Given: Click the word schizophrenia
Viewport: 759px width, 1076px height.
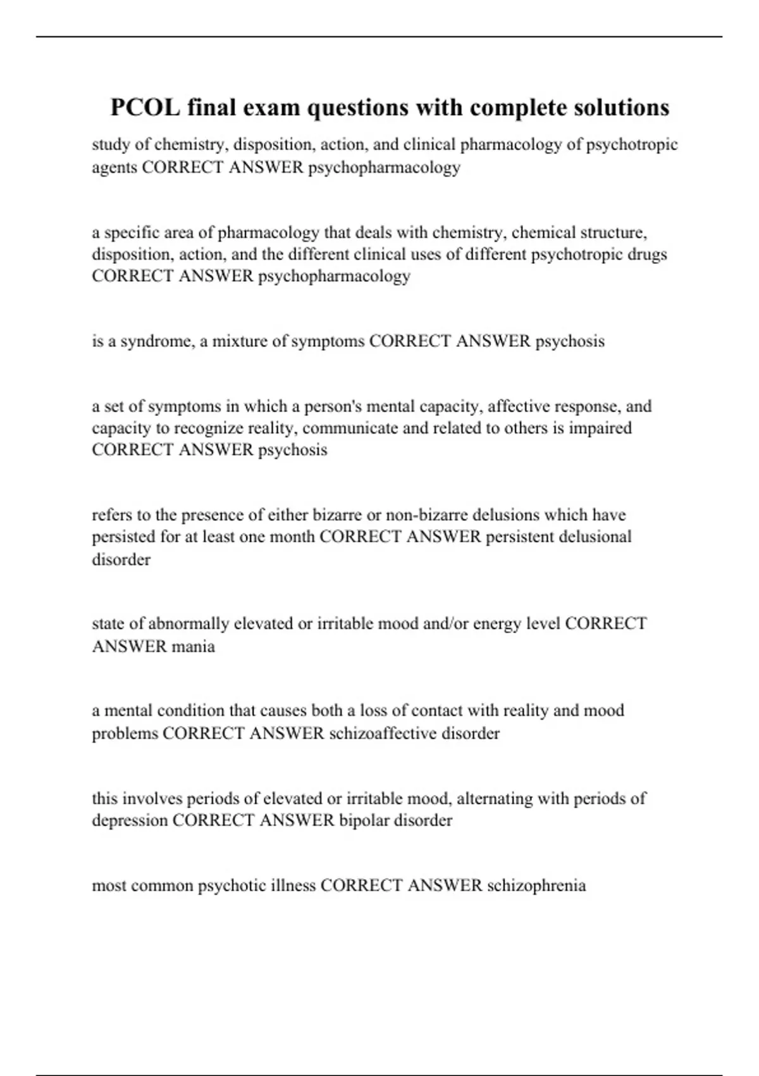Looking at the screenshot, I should (x=536, y=885).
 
